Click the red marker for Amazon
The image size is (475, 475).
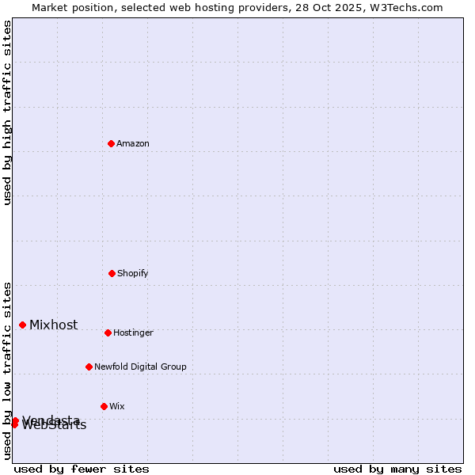point(111,143)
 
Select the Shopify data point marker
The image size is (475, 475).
point(112,273)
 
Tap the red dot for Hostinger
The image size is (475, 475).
point(108,332)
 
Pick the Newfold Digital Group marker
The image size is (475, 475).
point(89,367)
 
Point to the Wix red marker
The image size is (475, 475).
point(104,406)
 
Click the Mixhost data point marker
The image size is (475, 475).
point(22,325)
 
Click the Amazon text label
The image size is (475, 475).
point(133,143)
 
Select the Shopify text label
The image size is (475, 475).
point(133,273)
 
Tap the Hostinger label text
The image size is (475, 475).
point(133,332)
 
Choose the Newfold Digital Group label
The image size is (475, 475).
point(140,367)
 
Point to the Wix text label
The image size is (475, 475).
point(117,406)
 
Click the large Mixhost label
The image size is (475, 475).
point(54,325)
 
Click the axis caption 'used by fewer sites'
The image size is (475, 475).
point(82,469)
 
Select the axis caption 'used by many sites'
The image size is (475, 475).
point(397,469)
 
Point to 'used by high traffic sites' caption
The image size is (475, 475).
point(7,112)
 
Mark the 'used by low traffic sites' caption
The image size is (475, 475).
point(7,370)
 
